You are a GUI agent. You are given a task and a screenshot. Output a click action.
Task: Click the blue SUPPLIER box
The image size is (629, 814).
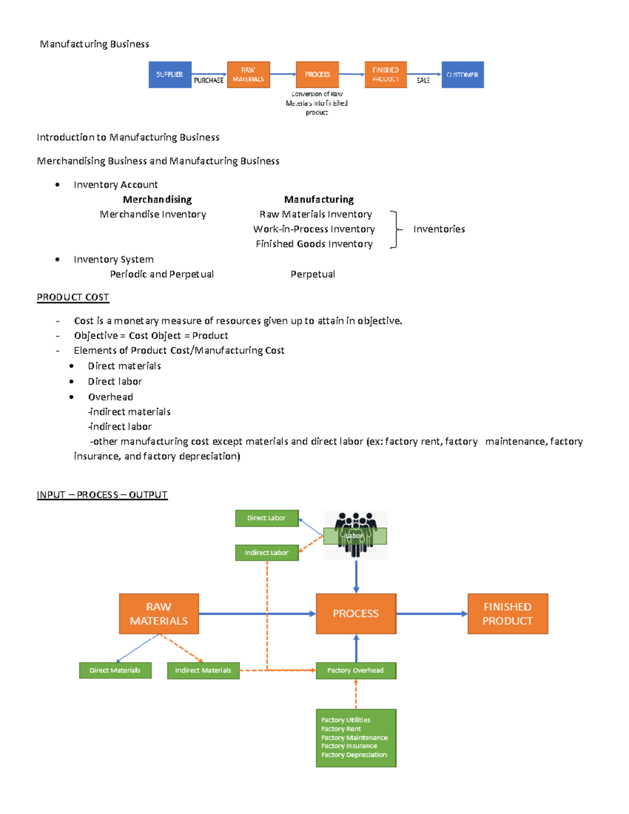point(170,74)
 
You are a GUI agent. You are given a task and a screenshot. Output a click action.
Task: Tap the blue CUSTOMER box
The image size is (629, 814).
point(462,74)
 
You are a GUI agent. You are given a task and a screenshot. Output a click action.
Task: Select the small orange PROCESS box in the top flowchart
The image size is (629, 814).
point(317,74)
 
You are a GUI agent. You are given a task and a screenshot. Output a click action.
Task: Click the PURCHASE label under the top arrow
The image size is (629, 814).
point(209,81)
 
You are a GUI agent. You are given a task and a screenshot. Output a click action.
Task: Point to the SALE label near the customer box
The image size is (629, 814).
point(423,81)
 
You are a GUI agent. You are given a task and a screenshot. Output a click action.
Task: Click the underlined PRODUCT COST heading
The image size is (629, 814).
point(73,297)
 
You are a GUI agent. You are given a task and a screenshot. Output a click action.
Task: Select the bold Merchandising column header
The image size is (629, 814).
point(157,200)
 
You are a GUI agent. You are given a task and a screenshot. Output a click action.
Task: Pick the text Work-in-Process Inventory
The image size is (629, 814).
point(314,229)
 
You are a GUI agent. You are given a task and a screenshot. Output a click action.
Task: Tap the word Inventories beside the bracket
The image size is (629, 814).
point(439,229)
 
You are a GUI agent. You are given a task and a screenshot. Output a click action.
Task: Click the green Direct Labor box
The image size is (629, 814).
point(267,518)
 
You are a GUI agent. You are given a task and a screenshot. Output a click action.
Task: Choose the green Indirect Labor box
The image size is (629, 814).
point(267,552)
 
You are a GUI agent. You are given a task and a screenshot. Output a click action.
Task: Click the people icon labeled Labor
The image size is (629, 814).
point(356,535)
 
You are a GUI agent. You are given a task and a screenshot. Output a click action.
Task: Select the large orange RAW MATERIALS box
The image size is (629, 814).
point(159,614)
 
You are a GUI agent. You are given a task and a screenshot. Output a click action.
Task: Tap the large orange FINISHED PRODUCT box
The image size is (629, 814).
point(507,614)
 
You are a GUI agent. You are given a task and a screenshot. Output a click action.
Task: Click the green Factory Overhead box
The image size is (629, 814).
point(356,670)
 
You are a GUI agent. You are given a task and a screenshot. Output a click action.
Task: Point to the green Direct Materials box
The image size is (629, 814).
point(115,670)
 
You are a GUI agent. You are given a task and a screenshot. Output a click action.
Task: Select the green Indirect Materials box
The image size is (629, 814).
point(203,670)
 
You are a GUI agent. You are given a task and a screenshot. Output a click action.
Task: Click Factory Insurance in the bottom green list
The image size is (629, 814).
point(349,746)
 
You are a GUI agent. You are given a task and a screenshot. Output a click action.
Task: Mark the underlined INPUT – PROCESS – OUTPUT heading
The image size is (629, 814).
point(102,495)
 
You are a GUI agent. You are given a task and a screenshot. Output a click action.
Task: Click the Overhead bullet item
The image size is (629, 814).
point(111,397)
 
